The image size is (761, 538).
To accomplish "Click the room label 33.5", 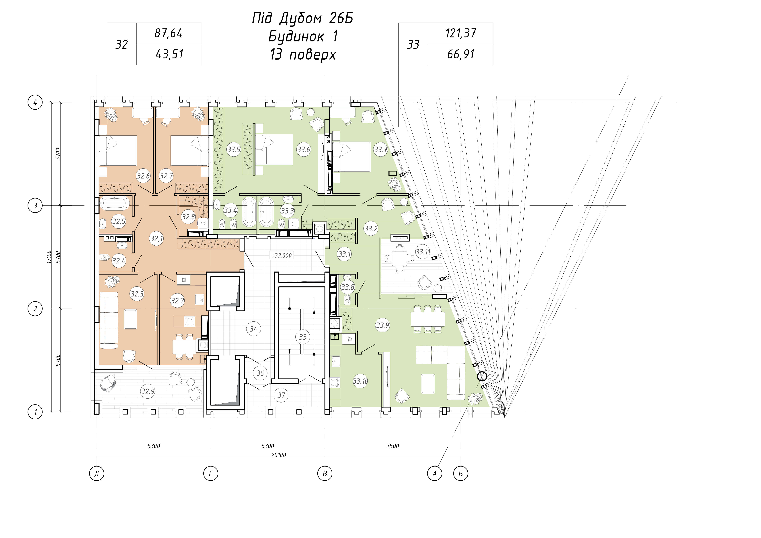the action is pos(234,150).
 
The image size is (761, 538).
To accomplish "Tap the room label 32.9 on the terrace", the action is pos(148,392).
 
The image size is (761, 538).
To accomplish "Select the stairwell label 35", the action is pos(303,337).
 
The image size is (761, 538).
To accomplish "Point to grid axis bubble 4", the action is pos(35,102).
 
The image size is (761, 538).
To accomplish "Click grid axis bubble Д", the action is pos(97,474).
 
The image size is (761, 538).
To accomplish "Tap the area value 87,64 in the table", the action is pos(169,33).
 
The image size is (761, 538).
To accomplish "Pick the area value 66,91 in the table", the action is pos(461,54).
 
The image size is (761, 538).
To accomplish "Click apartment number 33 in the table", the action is pos(413,44).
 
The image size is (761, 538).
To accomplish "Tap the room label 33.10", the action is pos(360,381).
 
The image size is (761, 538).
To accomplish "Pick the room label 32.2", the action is pos(177,301).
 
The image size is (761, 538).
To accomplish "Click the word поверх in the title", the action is pos(313,55).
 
